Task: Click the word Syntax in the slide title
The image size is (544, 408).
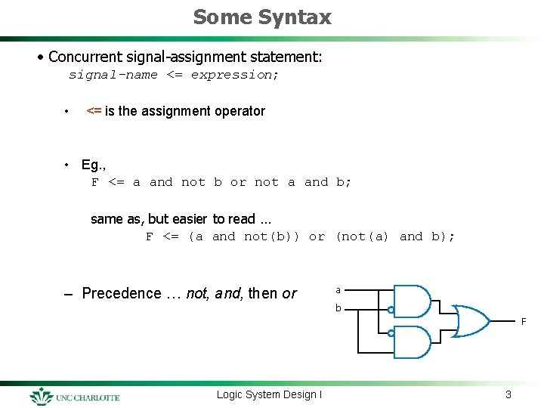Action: [299, 17]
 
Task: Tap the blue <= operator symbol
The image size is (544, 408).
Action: [94, 111]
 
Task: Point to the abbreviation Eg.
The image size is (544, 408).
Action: [91, 165]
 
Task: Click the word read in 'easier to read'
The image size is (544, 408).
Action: [242, 219]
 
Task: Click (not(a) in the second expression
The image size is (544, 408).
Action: [362, 236]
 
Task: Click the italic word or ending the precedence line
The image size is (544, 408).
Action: [289, 293]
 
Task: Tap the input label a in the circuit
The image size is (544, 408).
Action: [338, 289]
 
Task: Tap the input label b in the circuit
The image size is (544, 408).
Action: [338, 308]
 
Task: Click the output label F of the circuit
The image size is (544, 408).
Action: [523, 323]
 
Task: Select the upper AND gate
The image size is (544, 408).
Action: [413, 301]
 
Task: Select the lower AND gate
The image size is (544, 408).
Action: [413, 342]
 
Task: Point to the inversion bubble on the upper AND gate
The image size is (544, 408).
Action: [391, 311]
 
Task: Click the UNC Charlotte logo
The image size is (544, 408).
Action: [75, 396]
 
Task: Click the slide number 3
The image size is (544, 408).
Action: [508, 394]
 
